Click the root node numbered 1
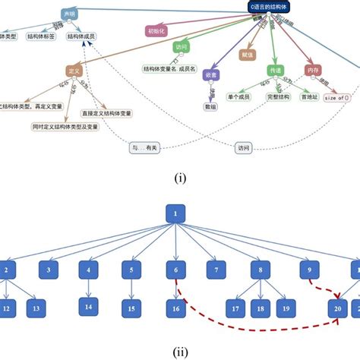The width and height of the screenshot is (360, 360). point(175,214)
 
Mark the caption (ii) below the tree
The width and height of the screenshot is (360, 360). point(179,352)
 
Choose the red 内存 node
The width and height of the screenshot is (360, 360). point(313,70)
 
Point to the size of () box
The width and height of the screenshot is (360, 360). point(336,96)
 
